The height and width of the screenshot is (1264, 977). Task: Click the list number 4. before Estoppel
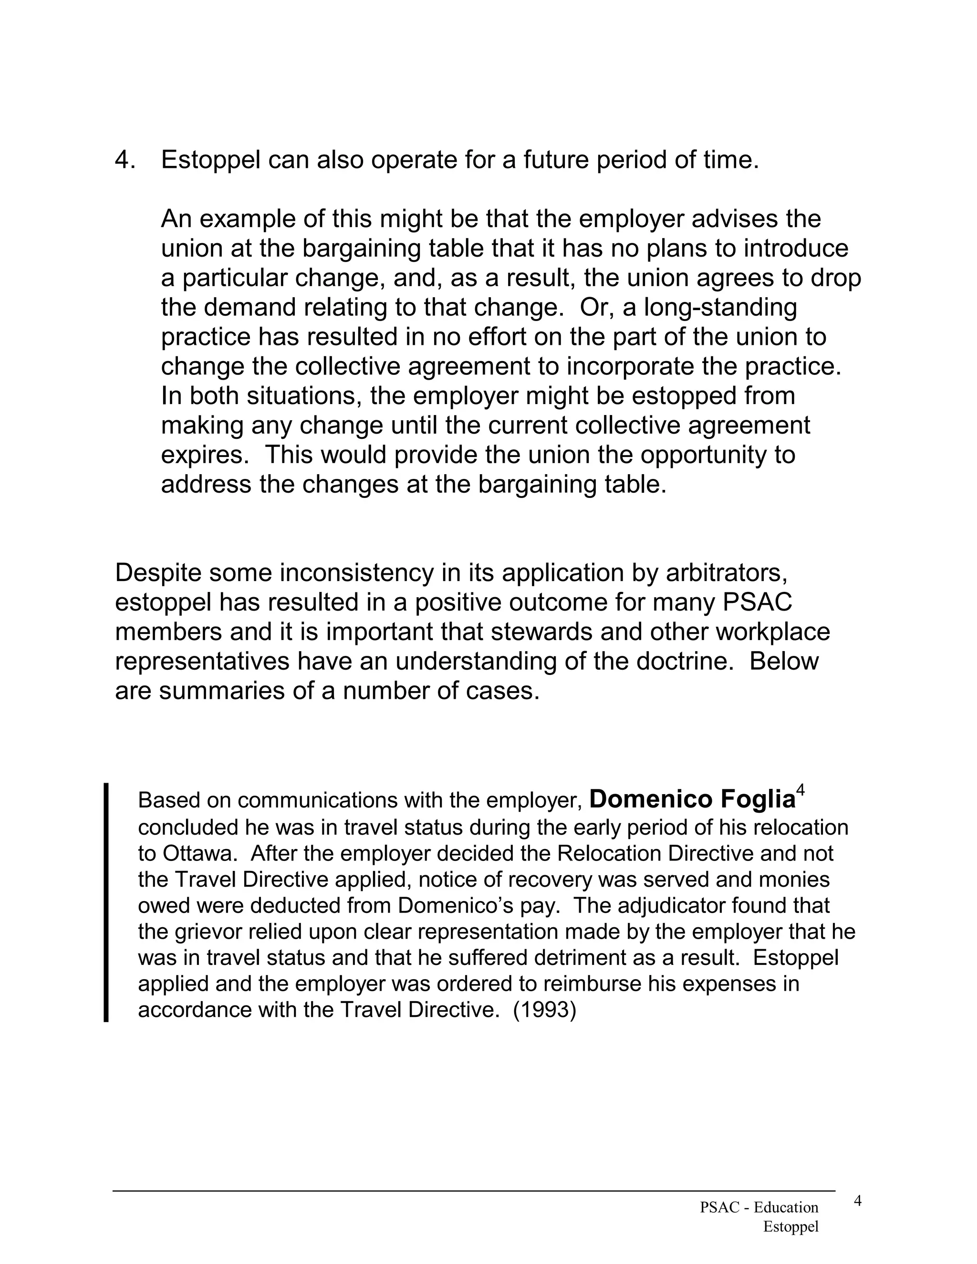point(125,160)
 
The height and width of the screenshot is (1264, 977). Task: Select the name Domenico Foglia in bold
point(692,799)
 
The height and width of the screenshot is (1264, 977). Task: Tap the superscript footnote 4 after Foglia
point(800,789)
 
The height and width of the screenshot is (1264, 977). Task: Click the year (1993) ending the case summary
point(545,1009)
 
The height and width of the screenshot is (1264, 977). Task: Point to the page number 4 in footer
point(858,1202)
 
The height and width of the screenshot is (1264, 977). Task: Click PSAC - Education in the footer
point(759,1207)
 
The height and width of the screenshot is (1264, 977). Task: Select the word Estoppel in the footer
point(790,1226)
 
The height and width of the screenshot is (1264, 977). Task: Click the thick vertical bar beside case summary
point(106,902)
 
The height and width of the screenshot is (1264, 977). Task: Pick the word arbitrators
point(727,573)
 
